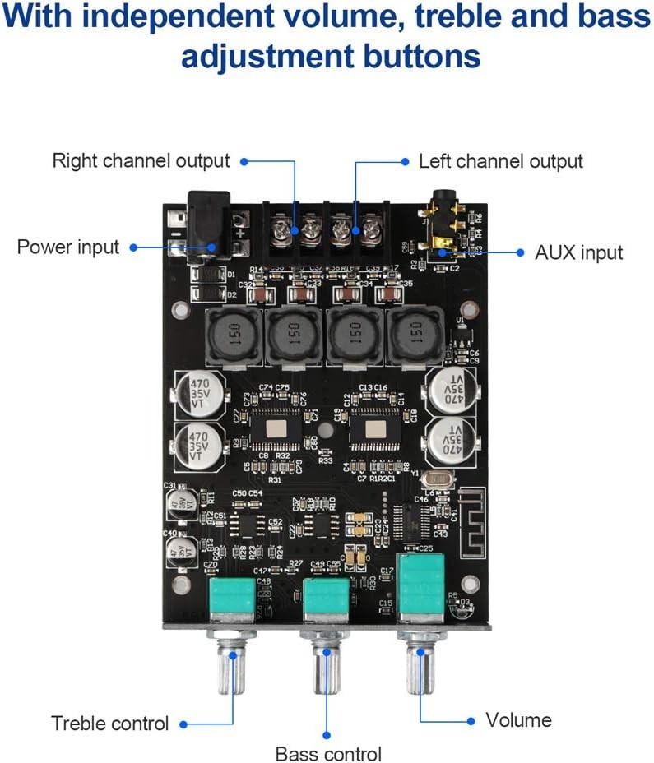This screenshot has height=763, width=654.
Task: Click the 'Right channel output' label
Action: coord(141,160)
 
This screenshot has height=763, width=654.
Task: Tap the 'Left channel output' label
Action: coord(500,161)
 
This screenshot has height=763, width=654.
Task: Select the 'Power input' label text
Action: coord(68,247)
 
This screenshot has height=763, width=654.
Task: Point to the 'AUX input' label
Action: coord(579,252)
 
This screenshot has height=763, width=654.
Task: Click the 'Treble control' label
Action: coord(109,724)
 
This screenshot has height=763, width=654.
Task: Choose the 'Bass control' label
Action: coord(328,753)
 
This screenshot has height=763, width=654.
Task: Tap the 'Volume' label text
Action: coord(518,720)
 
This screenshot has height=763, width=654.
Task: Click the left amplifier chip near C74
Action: coord(276,428)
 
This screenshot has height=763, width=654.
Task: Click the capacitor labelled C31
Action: coord(179,503)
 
